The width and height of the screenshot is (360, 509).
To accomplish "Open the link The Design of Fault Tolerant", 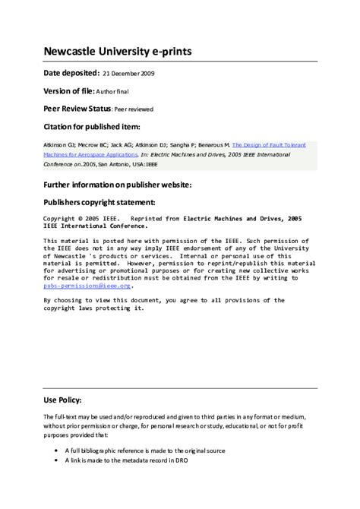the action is [275, 144].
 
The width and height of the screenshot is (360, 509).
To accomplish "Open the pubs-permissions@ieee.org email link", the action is [88, 286].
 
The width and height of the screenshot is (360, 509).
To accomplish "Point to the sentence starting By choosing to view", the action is [163, 300].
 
